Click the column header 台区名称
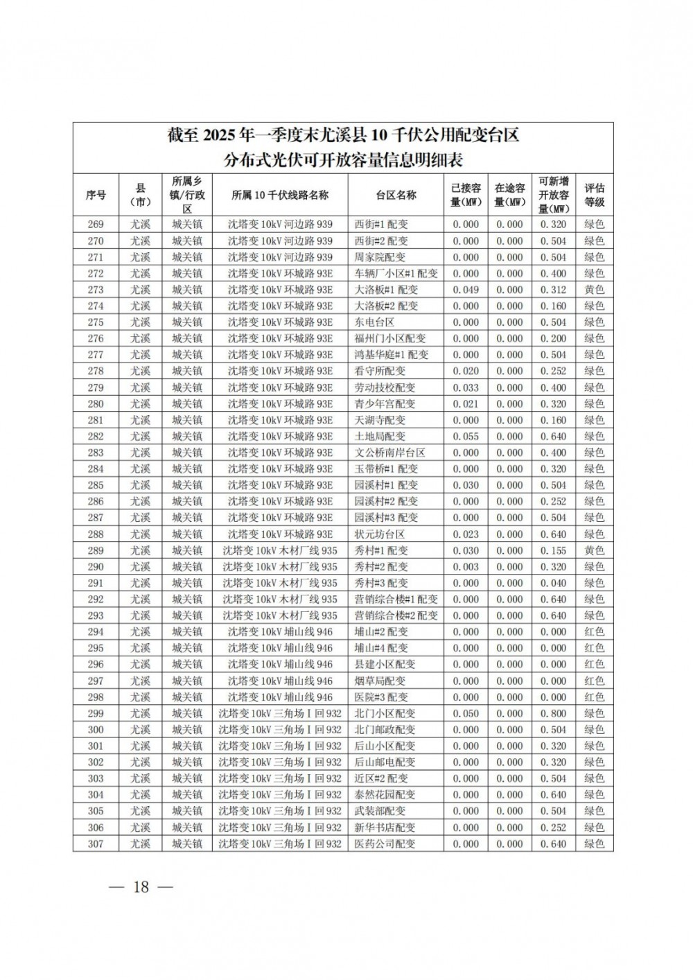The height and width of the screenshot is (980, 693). click(396, 195)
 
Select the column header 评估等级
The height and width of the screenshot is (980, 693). click(594, 195)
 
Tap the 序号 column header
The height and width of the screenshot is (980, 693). click(96, 195)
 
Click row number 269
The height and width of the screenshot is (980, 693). click(96, 225)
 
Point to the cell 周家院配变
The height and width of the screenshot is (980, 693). click(381, 257)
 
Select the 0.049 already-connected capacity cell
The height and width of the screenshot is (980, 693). click(466, 290)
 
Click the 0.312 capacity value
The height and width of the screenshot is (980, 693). click(553, 290)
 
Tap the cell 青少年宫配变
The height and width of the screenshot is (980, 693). click(385, 403)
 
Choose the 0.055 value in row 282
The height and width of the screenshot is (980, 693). click(466, 436)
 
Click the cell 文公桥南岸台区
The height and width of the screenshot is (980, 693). click(390, 453)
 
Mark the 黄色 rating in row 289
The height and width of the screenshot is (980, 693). click(594, 550)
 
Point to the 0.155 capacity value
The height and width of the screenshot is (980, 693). click(553, 550)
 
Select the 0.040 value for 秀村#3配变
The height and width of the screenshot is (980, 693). click(553, 583)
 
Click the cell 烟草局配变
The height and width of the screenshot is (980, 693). click(381, 681)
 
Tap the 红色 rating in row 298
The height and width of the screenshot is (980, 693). click(594, 697)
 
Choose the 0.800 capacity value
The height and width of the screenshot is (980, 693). click(553, 713)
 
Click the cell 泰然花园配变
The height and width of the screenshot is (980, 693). click(385, 795)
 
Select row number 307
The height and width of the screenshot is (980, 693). click(96, 843)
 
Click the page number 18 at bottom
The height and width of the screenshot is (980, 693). click(141, 887)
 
